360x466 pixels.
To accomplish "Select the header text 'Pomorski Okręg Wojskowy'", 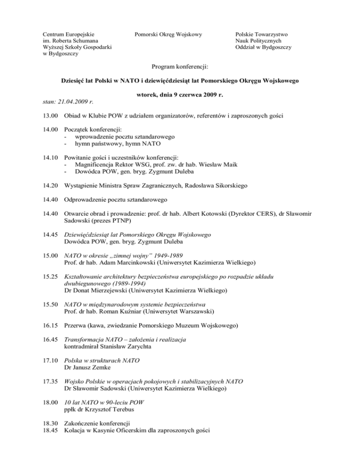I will pyautogui.click(x=168, y=34).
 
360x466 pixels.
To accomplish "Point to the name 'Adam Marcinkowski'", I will pyautogui.click(x=121, y=263).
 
